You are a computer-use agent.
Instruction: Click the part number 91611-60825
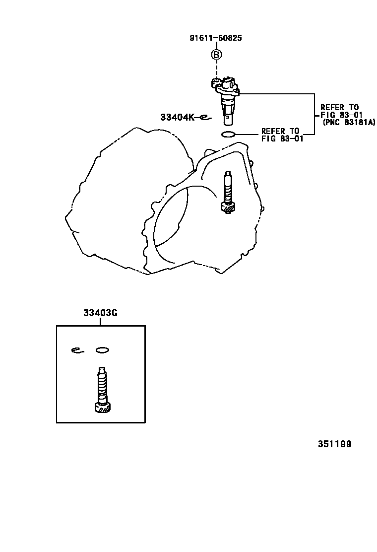point(216,37)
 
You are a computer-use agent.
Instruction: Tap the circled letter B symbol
point(216,55)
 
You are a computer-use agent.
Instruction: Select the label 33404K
point(177,117)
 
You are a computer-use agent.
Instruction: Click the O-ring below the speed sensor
point(228,134)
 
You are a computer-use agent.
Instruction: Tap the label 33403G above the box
point(100,313)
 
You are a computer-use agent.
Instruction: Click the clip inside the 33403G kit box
point(76,350)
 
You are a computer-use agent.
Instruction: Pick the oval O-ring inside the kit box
point(102,350)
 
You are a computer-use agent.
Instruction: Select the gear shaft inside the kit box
point(101,387)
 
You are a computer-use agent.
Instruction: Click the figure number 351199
point(334,444)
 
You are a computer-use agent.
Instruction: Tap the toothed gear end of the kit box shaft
point(102,408)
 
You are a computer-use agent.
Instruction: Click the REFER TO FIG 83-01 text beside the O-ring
point(282,135)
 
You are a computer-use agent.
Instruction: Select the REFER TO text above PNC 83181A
point(339,107)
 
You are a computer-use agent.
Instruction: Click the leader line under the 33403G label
point(100,321)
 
